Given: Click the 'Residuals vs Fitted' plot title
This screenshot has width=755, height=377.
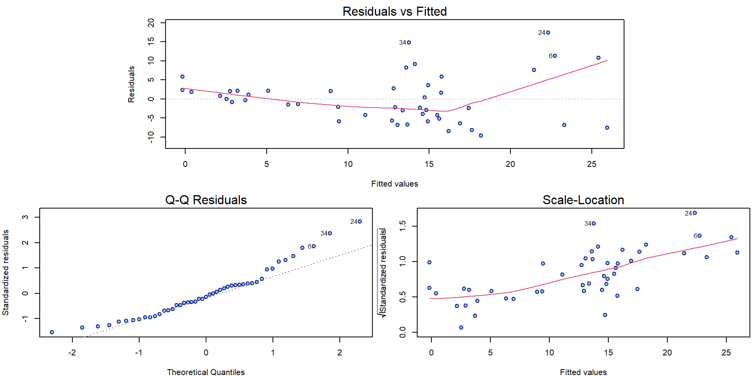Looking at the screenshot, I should pos(394,11).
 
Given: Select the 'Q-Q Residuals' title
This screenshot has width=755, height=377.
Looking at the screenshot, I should pos(206,200).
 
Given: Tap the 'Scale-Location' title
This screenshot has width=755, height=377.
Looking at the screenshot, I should pos(583,200).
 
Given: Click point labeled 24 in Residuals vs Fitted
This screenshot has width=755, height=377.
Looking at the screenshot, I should pos(548,33).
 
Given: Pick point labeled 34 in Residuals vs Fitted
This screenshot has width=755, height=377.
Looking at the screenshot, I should pos(409,42).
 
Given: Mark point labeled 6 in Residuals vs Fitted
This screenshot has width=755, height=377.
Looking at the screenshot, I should pos(555,56).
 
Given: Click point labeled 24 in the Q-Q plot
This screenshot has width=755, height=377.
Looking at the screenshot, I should pos(360,221).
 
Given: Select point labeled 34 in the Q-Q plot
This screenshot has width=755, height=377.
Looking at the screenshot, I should pos(330,233).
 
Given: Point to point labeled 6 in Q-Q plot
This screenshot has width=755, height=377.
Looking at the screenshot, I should pos(314,246).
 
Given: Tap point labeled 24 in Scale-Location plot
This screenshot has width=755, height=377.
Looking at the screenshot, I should pos(695,213).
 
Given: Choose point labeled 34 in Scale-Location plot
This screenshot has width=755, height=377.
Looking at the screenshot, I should pos(594,223).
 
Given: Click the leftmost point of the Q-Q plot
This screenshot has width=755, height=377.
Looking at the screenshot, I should pos(52,332).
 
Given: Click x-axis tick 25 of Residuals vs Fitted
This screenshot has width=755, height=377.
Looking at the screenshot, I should pos(591,164).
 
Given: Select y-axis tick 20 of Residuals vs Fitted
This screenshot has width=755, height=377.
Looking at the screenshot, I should pos(151,23).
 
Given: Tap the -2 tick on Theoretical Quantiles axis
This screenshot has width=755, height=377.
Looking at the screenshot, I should pos(72,353).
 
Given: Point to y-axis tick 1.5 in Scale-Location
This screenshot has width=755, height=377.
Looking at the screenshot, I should pos(403,226).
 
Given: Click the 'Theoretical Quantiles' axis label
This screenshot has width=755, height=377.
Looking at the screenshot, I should pos(206,372).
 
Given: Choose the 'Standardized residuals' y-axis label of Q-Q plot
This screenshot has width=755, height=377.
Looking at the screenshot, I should pos(6,273).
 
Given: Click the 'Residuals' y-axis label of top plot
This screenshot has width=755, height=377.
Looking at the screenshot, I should pos(131,84).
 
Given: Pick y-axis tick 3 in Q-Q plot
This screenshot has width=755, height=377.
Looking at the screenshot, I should pos(25,217).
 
